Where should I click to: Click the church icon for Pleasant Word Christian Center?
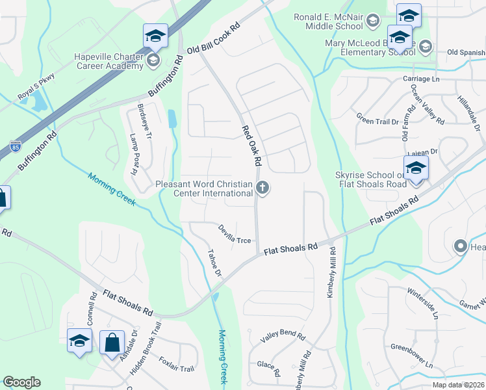[262, 188]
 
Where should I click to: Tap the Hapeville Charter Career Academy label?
[99, 61]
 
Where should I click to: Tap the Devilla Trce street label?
[235, 234]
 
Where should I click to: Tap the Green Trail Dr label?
[377, 118]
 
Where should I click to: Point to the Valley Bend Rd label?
[283, 336]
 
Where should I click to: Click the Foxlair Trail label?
[177, 369]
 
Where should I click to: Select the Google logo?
[21, 382]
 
